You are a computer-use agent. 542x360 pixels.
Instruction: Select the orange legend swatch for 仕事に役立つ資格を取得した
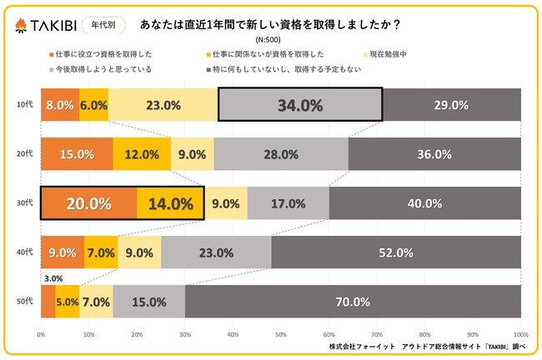(52, 55)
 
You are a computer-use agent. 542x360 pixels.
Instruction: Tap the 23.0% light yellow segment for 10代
(163, 105)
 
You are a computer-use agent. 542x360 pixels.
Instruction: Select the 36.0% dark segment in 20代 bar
(434, 154)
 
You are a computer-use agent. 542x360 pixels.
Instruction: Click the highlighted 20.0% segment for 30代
(89, 202)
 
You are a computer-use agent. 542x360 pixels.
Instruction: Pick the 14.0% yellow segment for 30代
(170, 202)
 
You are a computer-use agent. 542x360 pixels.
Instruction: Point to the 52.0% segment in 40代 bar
(396, 252)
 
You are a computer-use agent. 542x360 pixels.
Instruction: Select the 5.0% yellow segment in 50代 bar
(68, 302)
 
